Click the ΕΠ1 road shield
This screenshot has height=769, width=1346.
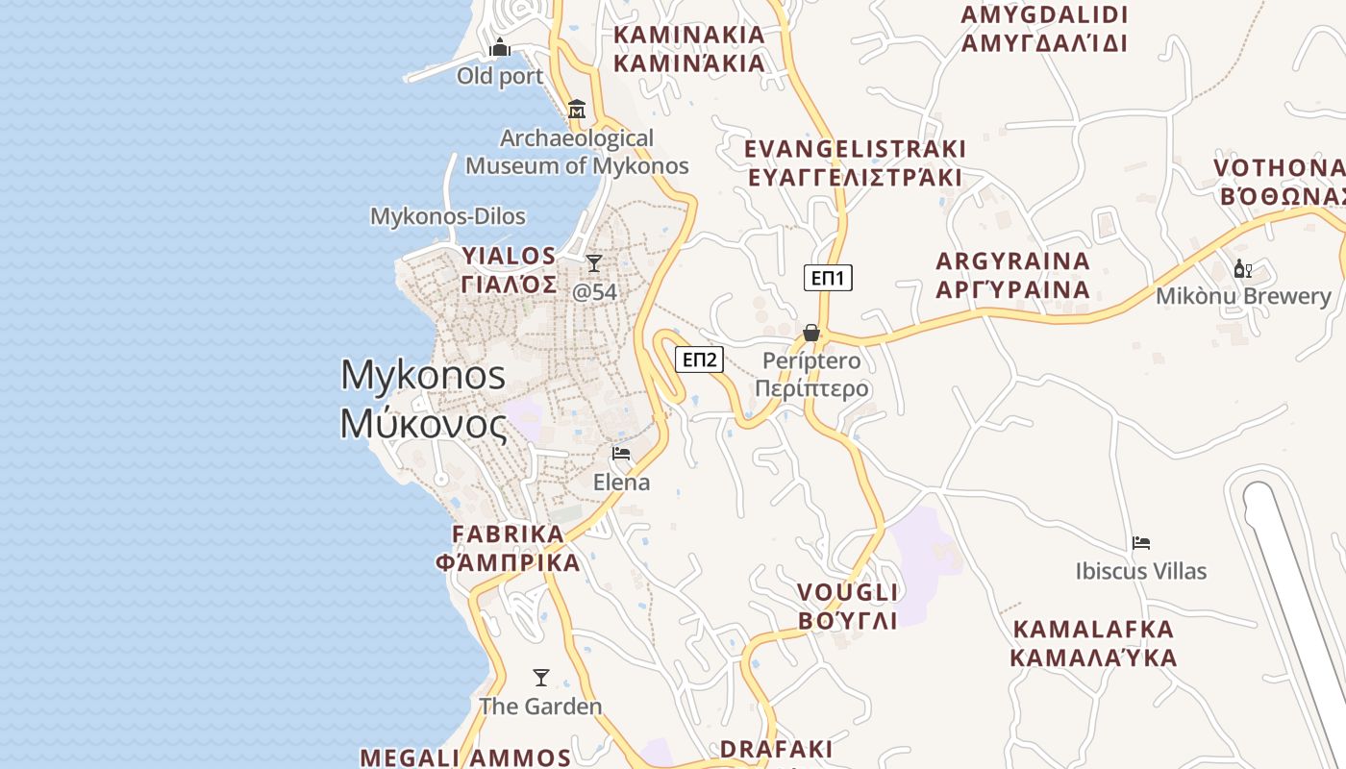(828, 279)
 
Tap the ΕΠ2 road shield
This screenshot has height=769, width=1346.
(699, 360)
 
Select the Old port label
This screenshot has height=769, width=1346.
(500, 76)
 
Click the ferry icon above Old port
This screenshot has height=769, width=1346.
(500, 47)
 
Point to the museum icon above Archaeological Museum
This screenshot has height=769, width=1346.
(577, 110)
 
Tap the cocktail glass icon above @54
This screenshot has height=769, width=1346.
(594, 263)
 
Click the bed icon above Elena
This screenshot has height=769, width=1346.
(621, 453)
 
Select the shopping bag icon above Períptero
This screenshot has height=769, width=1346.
(811, 333)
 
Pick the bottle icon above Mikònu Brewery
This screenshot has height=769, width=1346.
(1243, 269)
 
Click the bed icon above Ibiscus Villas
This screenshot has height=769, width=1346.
(1141, 543)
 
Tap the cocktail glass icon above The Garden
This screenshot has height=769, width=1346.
(541, 678)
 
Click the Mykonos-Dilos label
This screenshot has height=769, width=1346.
(448, 216)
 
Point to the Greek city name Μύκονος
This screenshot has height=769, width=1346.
(424, 424)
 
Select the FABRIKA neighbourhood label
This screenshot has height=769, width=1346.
(509, 534)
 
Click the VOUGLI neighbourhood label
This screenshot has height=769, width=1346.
(848, 592)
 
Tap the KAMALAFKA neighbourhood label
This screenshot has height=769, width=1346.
(1094, 630)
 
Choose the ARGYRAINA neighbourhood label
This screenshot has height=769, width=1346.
(1013, 261)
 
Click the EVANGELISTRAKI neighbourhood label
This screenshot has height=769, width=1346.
(855, 150)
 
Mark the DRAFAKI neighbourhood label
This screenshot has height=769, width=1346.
(777, 749)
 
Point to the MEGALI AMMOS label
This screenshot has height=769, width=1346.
(465, 757)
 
